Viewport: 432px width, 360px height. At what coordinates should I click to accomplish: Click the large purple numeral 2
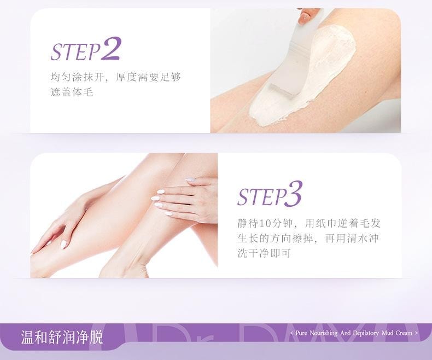pos(110,49)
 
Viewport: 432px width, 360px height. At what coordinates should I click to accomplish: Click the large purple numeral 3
pos(294,194)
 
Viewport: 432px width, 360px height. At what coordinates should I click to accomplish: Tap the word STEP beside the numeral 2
pos(75,52)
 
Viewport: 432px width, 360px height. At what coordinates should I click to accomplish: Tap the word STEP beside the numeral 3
pos(261,197)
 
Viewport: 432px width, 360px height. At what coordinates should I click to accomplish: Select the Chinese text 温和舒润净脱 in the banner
pos(62,337)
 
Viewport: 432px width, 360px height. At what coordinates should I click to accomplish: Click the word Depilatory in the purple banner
pos(366,333)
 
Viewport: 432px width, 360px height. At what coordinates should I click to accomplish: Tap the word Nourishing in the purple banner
pos(323,333)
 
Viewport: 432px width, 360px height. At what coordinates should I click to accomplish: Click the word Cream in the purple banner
pos(404,333)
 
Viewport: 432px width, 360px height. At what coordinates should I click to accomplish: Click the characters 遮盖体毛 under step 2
pos(72,92)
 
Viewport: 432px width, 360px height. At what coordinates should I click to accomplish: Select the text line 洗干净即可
pos(264,253)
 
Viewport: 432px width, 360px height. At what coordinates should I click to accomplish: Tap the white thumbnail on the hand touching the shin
pos(63,244)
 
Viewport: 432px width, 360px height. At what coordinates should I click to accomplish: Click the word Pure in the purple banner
pos(301,333)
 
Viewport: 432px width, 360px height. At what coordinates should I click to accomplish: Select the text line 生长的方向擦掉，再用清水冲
pos(308,238)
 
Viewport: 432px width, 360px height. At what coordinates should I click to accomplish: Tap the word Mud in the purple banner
pos(387,333)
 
